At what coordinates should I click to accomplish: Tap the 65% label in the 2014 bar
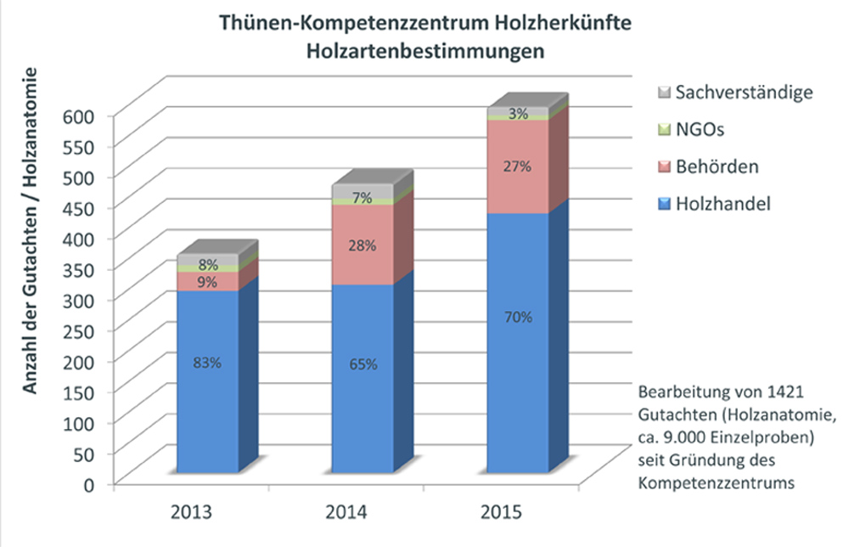tap(362, 364)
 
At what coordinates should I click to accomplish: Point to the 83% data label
tap(207, 363)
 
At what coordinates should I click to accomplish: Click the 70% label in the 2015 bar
tap(516, 318)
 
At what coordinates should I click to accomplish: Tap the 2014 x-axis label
tap(346, 513)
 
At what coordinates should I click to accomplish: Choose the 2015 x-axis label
tap(501, 513)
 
